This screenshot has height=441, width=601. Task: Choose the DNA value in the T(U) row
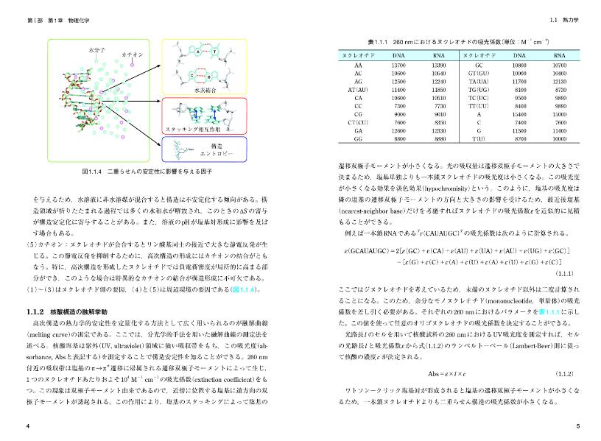coord(521,138)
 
